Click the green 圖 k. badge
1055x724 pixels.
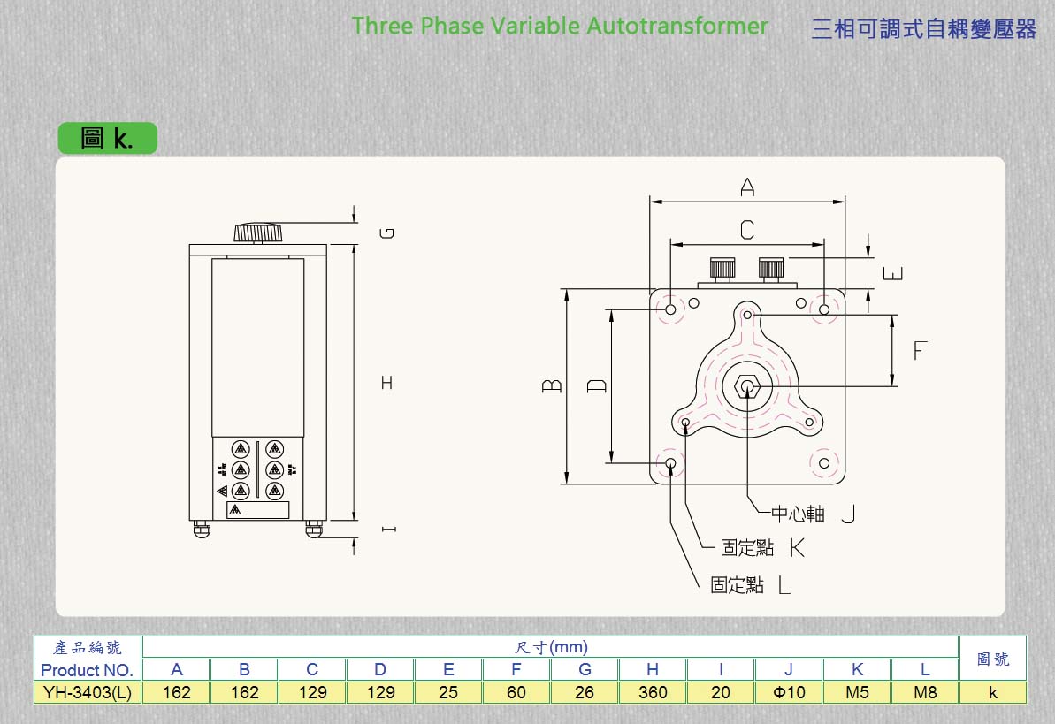108,138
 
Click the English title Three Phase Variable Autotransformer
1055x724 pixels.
559,27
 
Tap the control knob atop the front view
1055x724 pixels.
257,232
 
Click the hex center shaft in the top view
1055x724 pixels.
747,386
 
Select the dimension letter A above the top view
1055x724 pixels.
747,187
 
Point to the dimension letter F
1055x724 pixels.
920,351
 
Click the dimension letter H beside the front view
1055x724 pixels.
386,383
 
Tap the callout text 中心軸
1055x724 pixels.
798,514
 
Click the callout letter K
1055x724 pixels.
798,548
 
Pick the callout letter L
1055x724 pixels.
784,585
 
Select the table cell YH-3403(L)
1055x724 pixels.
88,692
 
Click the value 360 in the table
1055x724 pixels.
653,692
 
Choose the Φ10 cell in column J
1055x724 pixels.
789,692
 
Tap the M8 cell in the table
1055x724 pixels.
925,692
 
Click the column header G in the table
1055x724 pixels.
585,669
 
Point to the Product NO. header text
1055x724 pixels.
87,670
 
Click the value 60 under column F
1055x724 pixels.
516,692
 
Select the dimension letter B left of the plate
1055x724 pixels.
552,385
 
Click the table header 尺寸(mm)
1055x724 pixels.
551,647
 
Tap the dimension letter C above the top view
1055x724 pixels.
747,230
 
